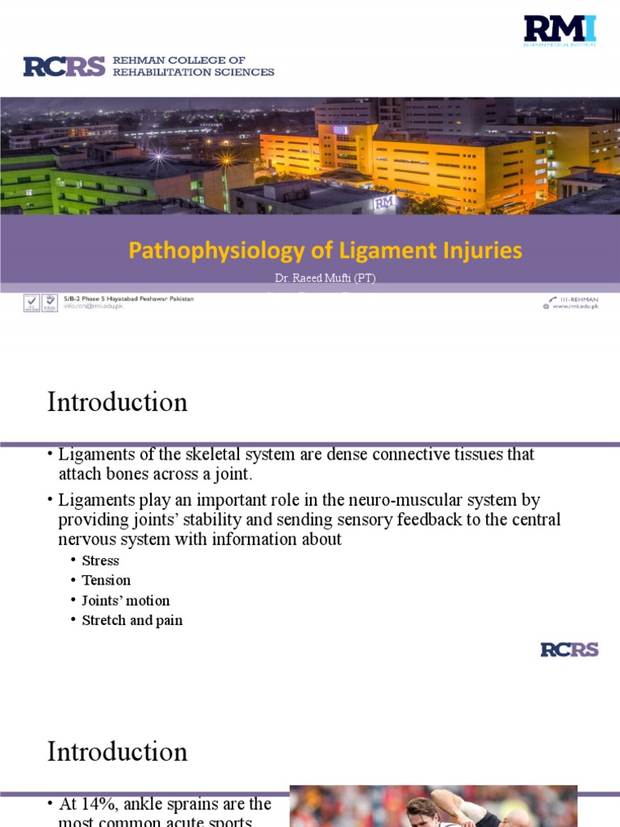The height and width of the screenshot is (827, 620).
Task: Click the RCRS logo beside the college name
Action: point(65,66)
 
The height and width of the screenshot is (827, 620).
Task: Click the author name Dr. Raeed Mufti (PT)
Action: point(325,278)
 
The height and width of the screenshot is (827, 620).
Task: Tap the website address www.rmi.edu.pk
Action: point(575,307)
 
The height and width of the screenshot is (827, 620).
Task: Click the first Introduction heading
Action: point(117,401)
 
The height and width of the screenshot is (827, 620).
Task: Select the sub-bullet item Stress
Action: point(100,560)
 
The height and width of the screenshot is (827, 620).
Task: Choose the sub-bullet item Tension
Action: point(106,580)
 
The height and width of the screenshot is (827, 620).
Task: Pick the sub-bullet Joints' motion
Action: point(125,600)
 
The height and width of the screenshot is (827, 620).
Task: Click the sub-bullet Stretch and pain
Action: point(132,620)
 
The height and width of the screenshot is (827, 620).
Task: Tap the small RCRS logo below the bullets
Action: point(569,649)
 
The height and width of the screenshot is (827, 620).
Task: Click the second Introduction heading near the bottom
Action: point(117,751)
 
